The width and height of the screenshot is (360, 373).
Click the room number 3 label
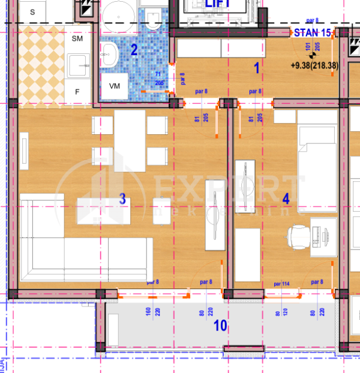[122, 199]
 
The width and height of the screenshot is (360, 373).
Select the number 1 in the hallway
[257, 68]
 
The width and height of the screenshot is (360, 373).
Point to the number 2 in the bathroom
[134, 50]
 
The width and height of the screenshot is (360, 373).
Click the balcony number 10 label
[220, 326]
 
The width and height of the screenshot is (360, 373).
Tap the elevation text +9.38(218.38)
[314, 66]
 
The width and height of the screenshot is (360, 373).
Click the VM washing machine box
[115, 86]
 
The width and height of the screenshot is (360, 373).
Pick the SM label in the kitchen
[77, 38]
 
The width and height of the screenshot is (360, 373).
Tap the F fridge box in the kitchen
[77, 92]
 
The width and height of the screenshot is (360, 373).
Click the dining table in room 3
[130, 141]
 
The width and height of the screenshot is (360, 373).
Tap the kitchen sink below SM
[77, 65]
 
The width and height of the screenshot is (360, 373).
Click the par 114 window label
[281, 283]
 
